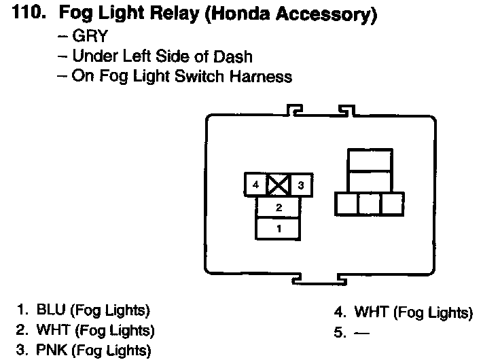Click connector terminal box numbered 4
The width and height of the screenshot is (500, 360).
coord(255,185)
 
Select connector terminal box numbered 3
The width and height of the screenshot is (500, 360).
coord(301,185)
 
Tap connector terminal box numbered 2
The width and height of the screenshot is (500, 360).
coord(279,207)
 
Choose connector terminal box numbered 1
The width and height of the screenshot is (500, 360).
coord(279,228)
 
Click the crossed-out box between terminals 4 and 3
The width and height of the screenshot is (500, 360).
coord(279,185)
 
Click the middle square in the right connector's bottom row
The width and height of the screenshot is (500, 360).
coord(369,204)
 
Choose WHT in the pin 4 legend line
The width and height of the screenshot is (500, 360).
coord(370,313)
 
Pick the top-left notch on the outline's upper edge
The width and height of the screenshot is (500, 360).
coord(294,109)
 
